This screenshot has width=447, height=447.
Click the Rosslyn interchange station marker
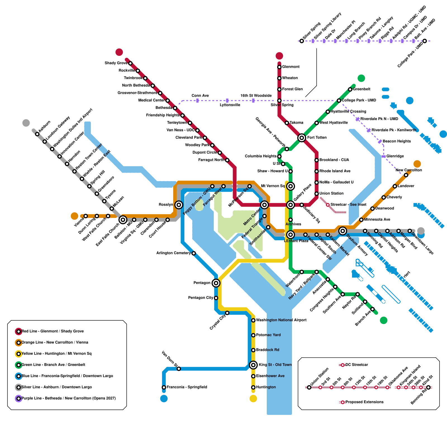[x=179, y=205]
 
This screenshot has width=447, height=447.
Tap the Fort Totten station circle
[x=301, y=138]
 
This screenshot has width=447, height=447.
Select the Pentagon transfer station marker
[x=216, y=283]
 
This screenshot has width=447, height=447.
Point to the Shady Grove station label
[x=116, y=63]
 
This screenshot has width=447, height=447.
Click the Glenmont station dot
[x=279, y=67]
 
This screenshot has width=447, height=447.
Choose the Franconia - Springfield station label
[x=187, y=387]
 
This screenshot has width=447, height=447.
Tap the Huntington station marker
[x=253, y=387]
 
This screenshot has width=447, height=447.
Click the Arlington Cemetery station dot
[x=194, y=253]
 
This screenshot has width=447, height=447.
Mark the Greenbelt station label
[x=362, y=89]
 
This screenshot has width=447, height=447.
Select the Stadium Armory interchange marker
[x=343, y=231]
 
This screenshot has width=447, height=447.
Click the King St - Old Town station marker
[x=253, y=365]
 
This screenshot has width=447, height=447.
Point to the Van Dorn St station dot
[x=179, y=369]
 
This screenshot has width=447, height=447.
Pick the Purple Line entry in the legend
[x=68, y=398]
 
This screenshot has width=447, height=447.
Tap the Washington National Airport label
[x=281, y=320]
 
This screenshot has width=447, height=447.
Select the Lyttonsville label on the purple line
[x=230, y=105]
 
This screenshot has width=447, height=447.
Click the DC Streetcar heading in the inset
[x=356, y=365]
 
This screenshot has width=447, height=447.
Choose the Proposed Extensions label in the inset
[x=364, y=402]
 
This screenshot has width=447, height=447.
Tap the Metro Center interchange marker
[x=264, y=205]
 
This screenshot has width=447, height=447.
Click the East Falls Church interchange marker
[x=123, y=220]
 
